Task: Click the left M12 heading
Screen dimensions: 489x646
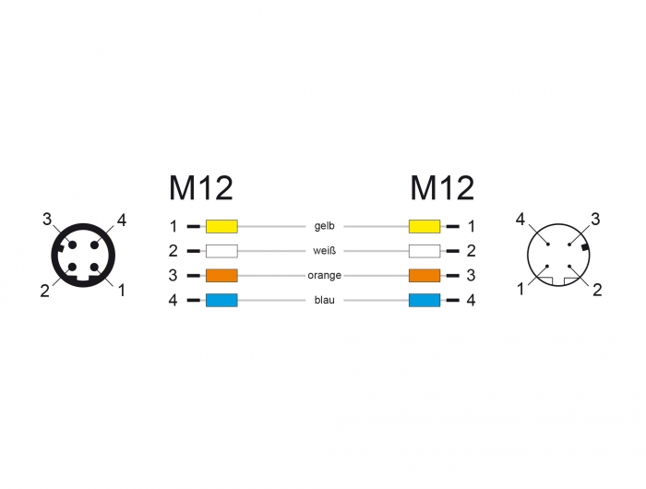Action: [200, 188]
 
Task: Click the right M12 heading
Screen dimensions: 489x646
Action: [442, 188]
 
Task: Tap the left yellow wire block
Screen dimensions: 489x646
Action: [221, 226]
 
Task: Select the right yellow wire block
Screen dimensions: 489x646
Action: [424, 226]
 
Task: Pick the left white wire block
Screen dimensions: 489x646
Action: [221, 250]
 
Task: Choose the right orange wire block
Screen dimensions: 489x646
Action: [424, 275]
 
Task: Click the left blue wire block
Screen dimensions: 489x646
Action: [221, 300]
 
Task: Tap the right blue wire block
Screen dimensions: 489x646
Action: [424, 300]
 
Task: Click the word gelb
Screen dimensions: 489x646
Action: [323, 226]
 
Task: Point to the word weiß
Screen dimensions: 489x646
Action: [323, 250]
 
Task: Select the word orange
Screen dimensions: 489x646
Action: [323, 275]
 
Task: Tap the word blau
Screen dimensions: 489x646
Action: [323, 300]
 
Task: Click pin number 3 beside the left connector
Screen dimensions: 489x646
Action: [48, 219]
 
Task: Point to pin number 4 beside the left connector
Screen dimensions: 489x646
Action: [121, 220]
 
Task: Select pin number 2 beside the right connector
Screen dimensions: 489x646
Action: [597, 290]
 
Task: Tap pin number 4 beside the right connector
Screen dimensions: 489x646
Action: [521, 220]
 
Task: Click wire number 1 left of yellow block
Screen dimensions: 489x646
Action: [173, 226]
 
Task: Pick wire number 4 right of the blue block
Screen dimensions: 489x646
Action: [471, 300]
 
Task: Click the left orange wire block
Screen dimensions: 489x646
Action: [221, 275]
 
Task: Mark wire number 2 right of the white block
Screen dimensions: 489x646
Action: [471, 250]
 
